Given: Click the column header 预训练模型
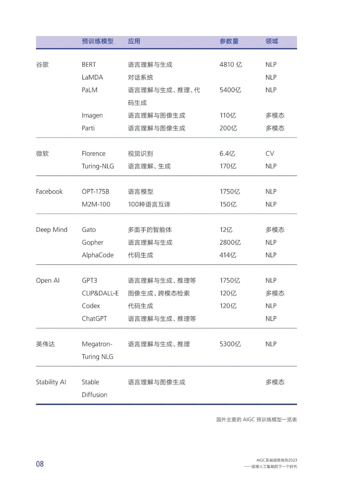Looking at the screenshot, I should [98, 41].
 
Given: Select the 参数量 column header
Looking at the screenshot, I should [229, 41].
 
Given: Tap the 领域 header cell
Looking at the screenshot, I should [272, 41].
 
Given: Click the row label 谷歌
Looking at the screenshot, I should [42, 65].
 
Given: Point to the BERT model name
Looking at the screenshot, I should [89, 65].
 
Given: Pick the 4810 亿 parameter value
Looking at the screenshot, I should [231, 65].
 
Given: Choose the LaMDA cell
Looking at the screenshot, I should [92, 77].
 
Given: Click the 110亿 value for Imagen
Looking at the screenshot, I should [228, 116].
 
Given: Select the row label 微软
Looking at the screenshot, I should [42, 154].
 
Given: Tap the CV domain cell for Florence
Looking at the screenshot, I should [270, 154].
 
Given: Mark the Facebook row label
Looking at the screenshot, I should [49, 192].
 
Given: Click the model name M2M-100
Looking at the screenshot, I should [96, 204].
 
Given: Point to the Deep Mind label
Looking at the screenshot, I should [52, 230].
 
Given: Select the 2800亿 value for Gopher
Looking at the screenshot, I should [230, 243].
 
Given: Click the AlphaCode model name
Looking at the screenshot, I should [98, 255].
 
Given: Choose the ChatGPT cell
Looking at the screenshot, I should [94, 319].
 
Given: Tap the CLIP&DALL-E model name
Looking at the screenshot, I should [100, 293].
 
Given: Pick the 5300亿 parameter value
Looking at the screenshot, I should [230, 344].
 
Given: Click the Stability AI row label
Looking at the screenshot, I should [51, 382].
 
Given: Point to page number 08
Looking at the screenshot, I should [40, 464].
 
